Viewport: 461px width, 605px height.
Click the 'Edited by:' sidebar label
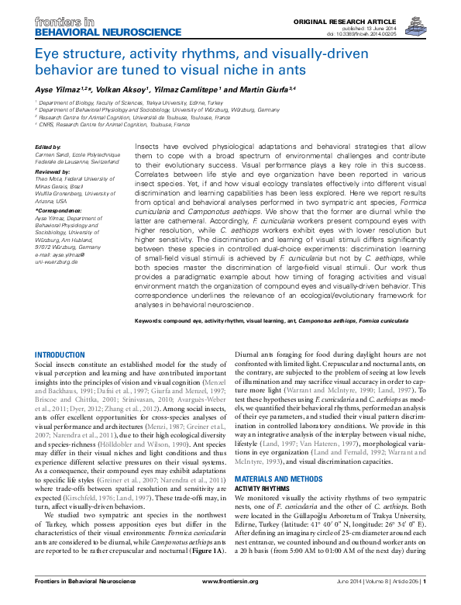click(49, 147)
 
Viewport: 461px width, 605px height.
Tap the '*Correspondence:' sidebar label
click(58, 210)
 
